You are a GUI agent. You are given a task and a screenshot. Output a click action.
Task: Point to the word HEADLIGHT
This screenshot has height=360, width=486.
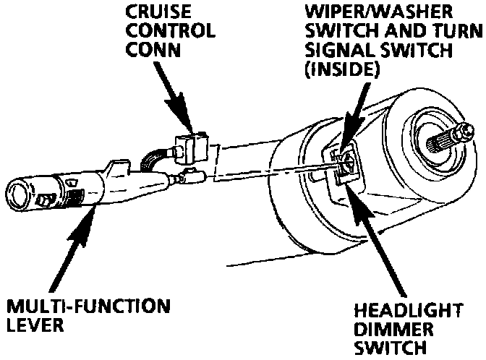(x=409, y=312)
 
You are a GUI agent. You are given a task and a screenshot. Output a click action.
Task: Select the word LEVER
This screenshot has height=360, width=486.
(x=33, y=325)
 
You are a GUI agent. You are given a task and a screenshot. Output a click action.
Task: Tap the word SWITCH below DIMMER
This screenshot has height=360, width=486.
(x=388, y=349)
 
